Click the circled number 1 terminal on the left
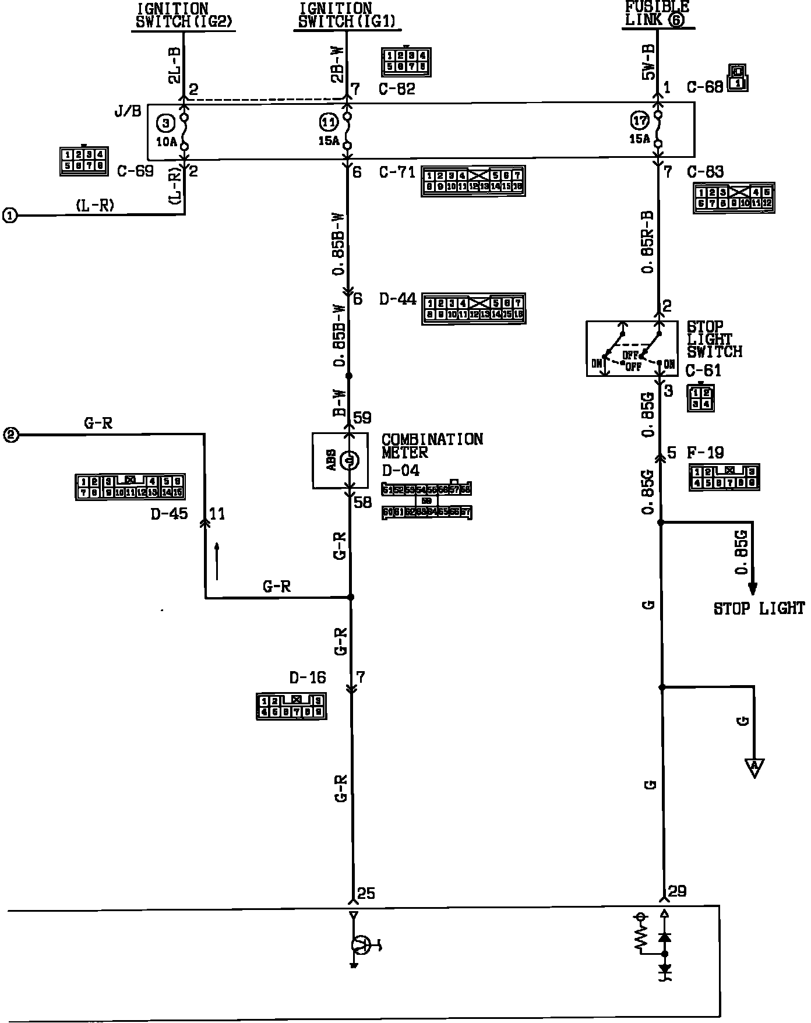(10, 216)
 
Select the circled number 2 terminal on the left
(11, 435)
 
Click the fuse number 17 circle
(639, 121)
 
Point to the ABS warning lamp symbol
(350, 461)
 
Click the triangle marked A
(754, 766)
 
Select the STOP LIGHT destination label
(759, 609)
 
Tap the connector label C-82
(397, 89)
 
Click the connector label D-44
(398, 299)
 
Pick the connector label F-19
(706, 453)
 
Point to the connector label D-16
(308, 678)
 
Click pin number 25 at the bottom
(366, 893)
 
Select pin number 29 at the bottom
(677, 891)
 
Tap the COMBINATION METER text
(432, 446)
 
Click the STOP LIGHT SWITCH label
(714, 339)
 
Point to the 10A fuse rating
(166, 141)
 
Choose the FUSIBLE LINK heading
(657, 13)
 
